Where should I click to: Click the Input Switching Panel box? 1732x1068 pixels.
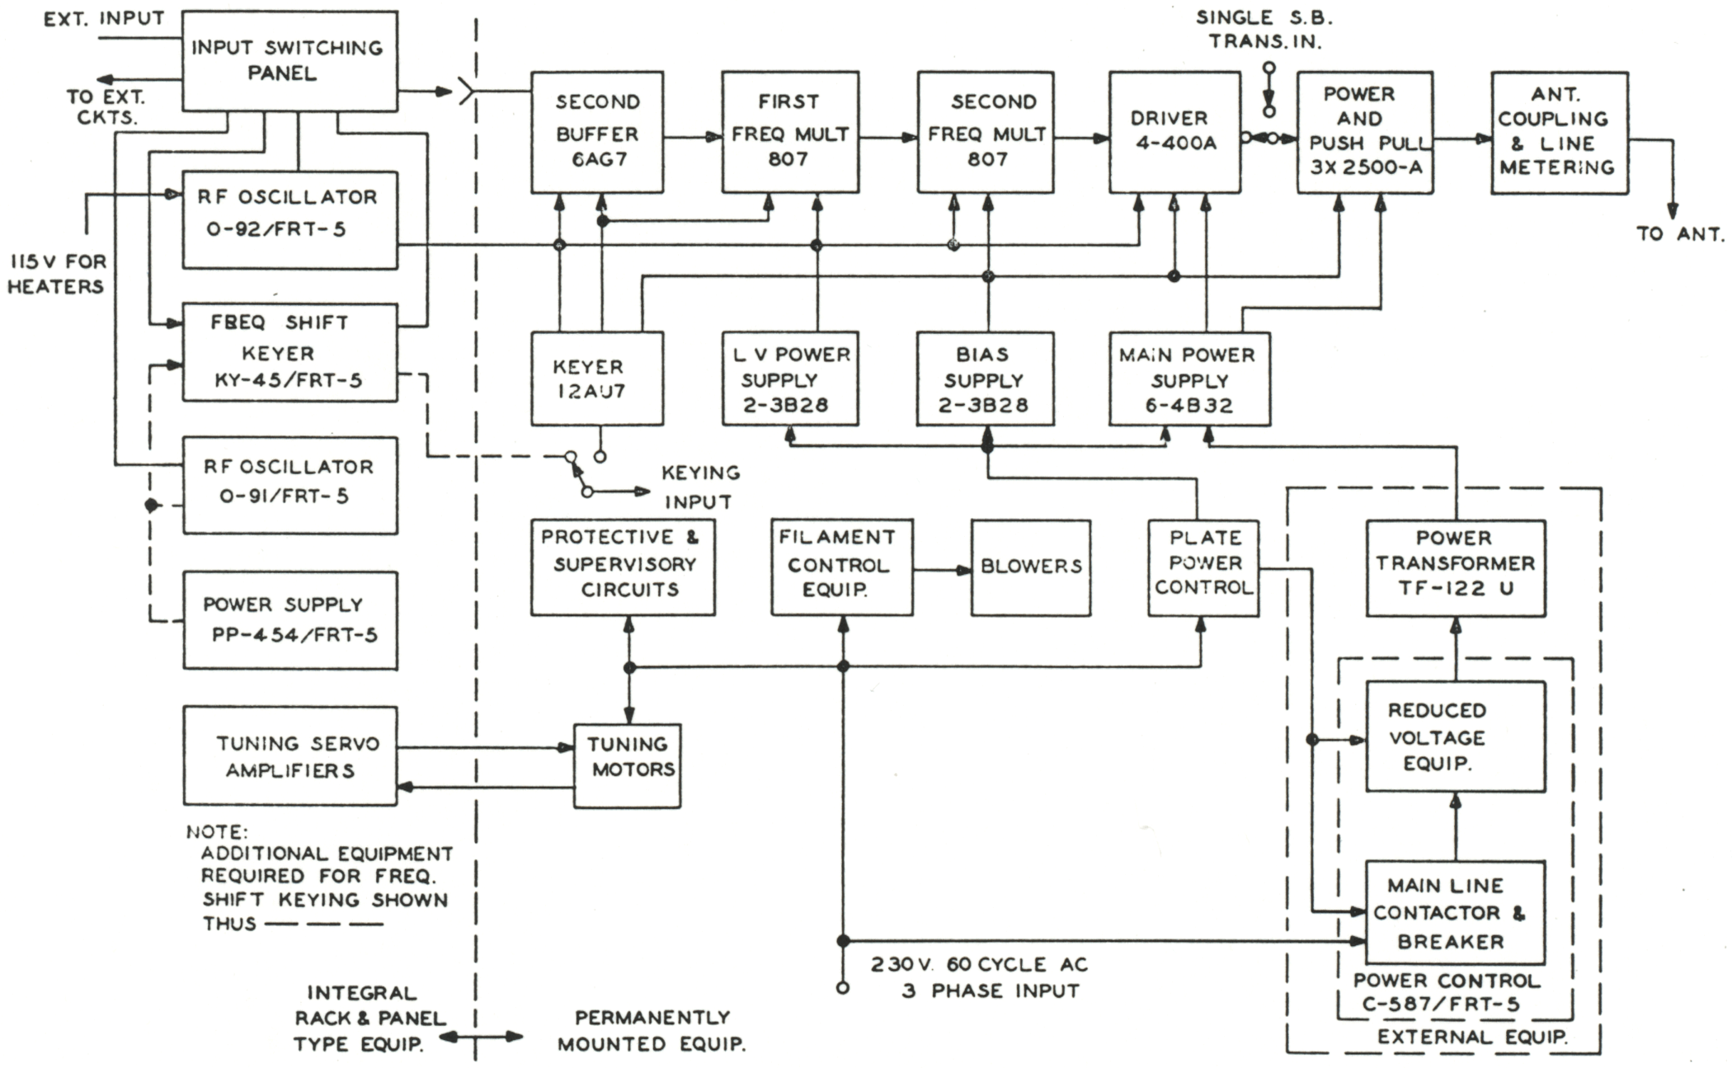pos(289,61)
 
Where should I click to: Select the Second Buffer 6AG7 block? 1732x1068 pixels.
pos(597,132)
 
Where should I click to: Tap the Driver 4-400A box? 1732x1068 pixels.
pos(1174,132)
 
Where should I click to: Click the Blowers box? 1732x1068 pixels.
pos(1031,567)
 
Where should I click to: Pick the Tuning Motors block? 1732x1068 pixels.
pos(628,765)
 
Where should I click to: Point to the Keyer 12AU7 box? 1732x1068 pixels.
pos(597,379)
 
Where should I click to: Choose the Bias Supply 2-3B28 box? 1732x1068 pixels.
pos(985,379)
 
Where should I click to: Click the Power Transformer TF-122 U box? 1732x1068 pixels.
pos(1456,567)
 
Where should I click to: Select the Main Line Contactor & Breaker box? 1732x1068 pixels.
pos(1455,912)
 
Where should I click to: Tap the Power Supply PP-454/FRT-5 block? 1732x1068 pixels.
pos(289,620)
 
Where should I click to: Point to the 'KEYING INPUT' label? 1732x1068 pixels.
pos(700,487)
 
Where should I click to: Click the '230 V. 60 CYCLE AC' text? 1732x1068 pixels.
pos(979,964)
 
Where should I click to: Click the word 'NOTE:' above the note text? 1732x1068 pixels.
pos(216,831)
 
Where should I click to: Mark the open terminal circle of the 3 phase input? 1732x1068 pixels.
pos(842,987)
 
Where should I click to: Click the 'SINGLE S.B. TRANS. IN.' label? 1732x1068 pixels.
pos(1264,30)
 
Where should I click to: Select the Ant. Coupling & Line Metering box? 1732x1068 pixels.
pos(1559,132)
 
